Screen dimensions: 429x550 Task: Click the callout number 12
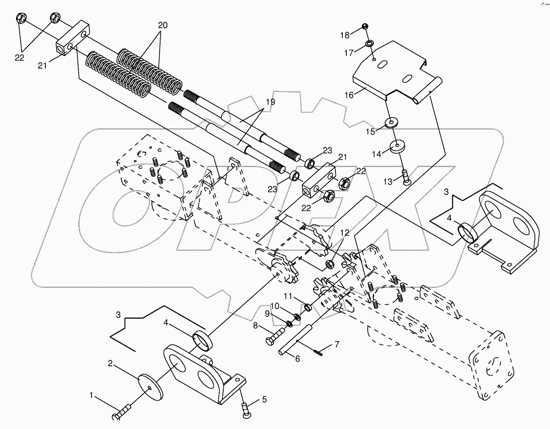[344, 233]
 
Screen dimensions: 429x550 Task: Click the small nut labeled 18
[365, 26]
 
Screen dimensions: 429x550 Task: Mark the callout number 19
[270, 102]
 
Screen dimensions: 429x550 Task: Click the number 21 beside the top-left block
[42, 66]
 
